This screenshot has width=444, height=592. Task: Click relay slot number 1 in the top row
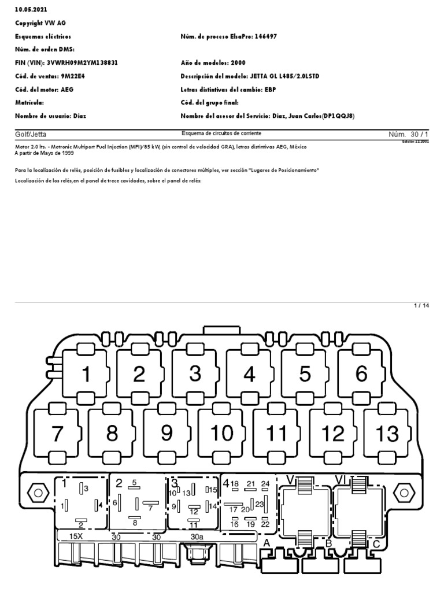coord(86,374)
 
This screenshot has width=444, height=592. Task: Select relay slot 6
coord(361,374)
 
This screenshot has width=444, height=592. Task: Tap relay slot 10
coord(222,433)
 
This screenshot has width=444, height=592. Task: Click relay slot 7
coord(57,433)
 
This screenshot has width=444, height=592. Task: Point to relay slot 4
coord(249,374)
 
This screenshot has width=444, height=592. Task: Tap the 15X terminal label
coord(76,536)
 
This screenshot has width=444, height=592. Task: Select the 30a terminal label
coord(197,536)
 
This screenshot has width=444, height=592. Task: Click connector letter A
coord(267,543)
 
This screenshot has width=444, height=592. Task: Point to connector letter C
coord(376,543)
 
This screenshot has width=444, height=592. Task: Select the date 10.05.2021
coord(31,10)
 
